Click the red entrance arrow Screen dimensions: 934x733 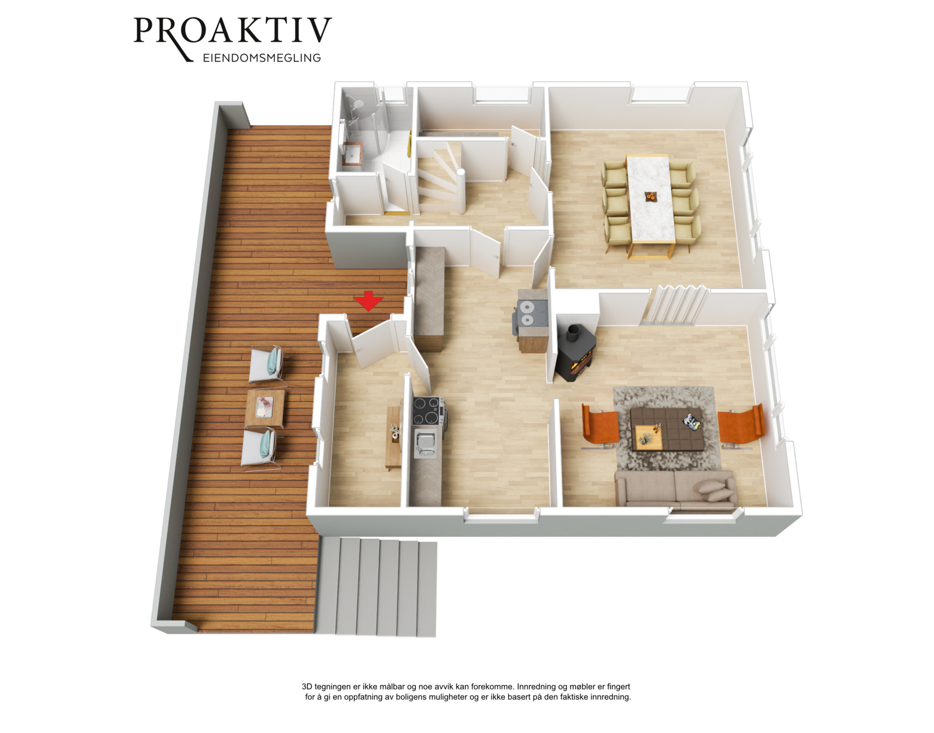point(368,301)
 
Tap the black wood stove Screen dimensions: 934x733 point(576,353)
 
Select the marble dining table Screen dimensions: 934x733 point(651,204)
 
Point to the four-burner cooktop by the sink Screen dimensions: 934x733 point(427,411)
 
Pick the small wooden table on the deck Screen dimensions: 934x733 point(265,408)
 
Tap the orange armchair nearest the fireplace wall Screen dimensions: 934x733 point(599,427)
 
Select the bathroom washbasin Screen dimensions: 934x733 point(353,153)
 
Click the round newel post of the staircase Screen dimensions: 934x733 point(460,191)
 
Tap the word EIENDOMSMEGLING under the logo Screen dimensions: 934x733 point(262,58)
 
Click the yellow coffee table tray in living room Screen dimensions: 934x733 point(648,437)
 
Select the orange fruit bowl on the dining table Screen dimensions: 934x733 point(651,197)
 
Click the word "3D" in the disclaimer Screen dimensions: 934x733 point(307,686)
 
